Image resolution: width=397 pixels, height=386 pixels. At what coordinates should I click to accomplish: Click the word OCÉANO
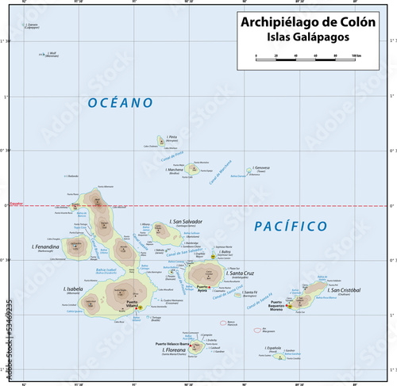click(x=120, y=103)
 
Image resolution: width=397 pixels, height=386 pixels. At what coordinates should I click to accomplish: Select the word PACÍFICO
click(x=290, y=227)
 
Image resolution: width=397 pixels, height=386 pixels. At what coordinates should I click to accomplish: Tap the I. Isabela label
click(x=72, y=289)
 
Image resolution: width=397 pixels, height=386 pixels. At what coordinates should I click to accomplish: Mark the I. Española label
click(x=275, y=348)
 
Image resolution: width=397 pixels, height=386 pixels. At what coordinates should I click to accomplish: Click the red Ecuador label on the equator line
click(x=13, y=204)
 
